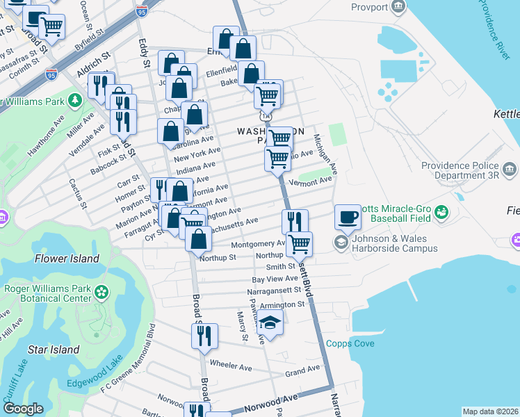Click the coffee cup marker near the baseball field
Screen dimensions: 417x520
point(348,217)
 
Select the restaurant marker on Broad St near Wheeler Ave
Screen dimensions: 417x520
point(205,336)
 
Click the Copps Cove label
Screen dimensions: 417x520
point(350,344)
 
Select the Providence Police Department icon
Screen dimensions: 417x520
point(508,169)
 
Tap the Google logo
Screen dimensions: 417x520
point(24,409)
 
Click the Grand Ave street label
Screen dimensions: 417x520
point(302,370)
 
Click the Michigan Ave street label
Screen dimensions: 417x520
point(325,154)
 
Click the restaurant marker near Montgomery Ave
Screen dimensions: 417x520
point(295,222)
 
